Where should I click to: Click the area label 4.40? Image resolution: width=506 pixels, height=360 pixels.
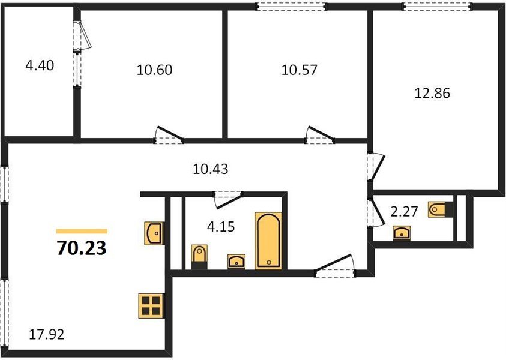click(40, 65)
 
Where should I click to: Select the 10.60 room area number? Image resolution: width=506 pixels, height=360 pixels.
click(154, 70)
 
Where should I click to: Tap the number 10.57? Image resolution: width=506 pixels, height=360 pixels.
click(299, 70)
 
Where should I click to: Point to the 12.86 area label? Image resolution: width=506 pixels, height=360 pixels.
click(432, 94)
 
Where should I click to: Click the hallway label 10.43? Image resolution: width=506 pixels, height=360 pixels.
click(210, 170)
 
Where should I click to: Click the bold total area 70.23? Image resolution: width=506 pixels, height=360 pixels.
click(82, 248)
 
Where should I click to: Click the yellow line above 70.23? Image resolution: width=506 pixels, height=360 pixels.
click(82, 231)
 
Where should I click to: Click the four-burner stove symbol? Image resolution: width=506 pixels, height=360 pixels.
click(150, 305)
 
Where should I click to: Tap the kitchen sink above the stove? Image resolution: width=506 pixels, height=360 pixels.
click(154, 232)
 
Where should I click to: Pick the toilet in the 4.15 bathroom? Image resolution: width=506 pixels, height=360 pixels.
click(199, 256)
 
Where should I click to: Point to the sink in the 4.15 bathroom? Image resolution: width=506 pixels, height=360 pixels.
click(237, 260)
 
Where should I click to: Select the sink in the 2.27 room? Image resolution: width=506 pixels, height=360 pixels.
click(401, 233)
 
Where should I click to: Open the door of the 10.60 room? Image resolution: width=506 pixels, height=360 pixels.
click(167, 136)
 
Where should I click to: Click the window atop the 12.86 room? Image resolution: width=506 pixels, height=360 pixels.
click(436, 7)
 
